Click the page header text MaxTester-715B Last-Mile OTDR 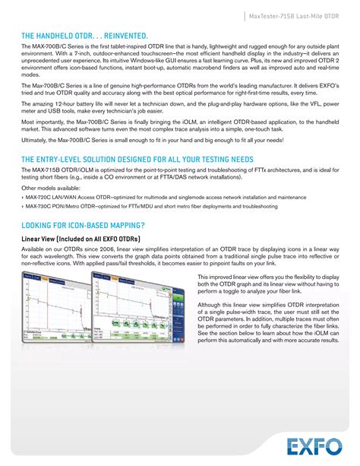point(297,16)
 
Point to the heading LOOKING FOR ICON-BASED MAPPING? point(82,225)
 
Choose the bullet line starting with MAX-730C point(148,205)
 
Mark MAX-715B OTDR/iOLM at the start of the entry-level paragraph point(58,170)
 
